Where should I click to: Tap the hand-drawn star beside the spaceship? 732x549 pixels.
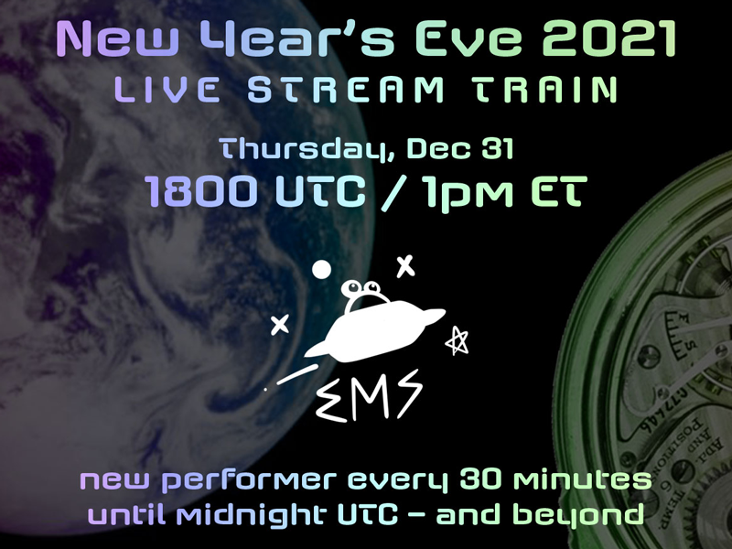tap(457, 340)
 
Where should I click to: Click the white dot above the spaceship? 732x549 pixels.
tap(321, 269)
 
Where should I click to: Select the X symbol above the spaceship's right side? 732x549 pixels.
tap(404, 266)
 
